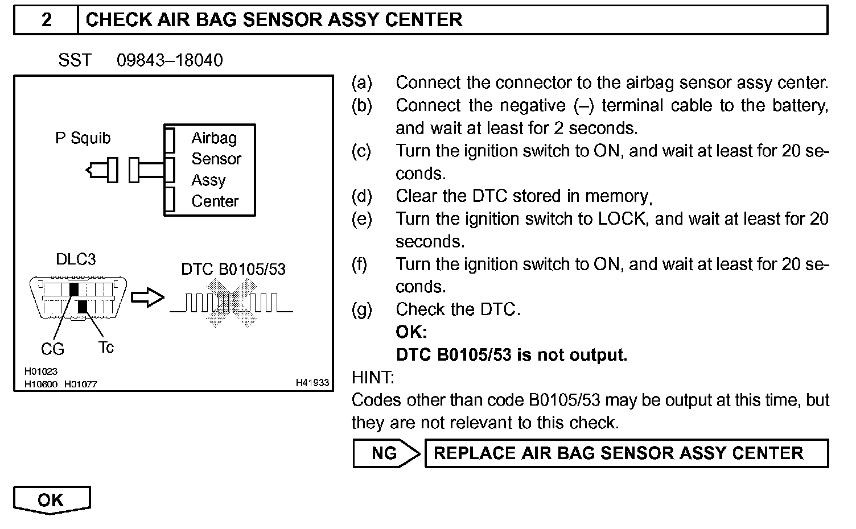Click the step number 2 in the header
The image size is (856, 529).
click(46, 20)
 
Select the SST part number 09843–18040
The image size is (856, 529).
click(170, 60)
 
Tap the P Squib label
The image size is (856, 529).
click(83, 138)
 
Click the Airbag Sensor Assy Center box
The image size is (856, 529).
click(209, 170)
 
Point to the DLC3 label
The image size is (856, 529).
click(76, 259)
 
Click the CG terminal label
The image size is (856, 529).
click(52, 349)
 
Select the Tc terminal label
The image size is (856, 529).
click(106, 347)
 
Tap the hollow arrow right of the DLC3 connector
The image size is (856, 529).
click(147, 298)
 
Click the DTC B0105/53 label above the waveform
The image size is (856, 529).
click(233, 269)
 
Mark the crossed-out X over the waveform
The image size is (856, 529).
click(231, 302)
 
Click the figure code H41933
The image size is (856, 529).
click(312, 383)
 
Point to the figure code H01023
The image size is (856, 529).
click(40, 371)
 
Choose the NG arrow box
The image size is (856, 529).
click(386, 453)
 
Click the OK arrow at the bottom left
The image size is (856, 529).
click(51, 500)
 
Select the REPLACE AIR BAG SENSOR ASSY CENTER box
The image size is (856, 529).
click(626, 453)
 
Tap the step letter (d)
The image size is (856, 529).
click(361, 196)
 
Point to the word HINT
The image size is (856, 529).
click(373, 378)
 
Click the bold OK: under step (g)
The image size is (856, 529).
click(411, 332)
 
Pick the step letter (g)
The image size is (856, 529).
click(361, 309)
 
